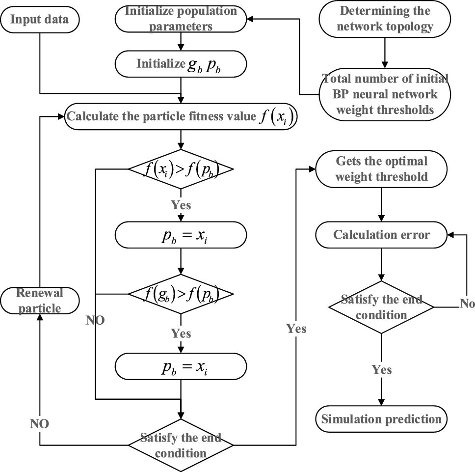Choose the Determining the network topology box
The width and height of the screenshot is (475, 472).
point(384,19)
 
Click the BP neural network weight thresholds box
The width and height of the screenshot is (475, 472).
point(384,93)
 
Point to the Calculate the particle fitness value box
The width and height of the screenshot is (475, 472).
point(182,117)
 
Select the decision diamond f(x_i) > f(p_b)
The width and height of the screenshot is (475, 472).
point(181,169)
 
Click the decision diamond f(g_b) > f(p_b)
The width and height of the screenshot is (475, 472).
point(181,295)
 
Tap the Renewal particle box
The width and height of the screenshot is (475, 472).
point(39,301)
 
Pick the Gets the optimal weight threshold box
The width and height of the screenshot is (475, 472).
point(381,169)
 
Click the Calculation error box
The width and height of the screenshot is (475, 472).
point(381,234)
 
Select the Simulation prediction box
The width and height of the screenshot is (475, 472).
point(381,419)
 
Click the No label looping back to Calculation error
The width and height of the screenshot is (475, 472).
point(467,304)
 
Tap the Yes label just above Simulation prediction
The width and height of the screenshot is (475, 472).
point(381,369)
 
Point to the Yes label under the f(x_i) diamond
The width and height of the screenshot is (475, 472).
point(181,204)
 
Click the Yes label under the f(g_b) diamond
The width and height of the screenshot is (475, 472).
point(181,333)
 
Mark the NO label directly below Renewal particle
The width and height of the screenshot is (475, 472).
point(39,423)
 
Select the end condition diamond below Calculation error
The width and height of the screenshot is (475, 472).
point(381,307)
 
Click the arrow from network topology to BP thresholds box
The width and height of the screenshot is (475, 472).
point(384,51)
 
